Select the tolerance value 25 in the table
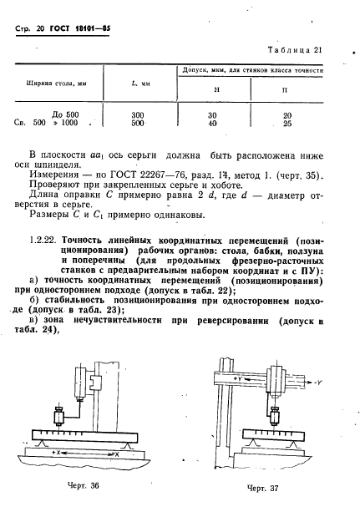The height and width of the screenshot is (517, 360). pyautogui.click(x=287, y=124)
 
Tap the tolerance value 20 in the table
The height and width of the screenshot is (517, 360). pyautogui.click(x=287, y=114)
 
